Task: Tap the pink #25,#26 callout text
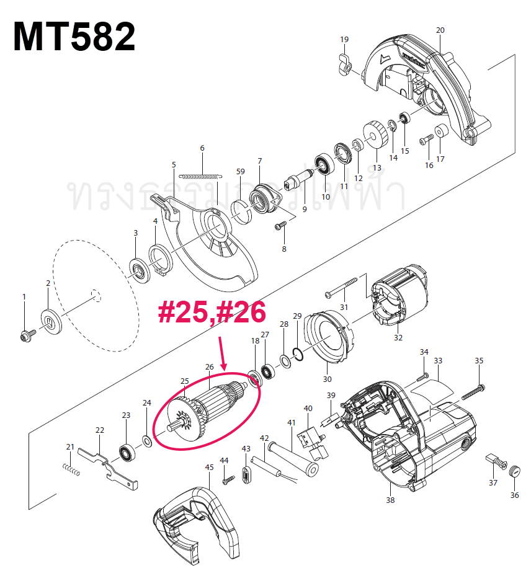point(212,312)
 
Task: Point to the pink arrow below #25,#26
point(224,353)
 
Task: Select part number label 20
point(440,30)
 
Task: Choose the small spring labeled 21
point(72,471)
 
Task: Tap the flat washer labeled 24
point(147,441)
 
